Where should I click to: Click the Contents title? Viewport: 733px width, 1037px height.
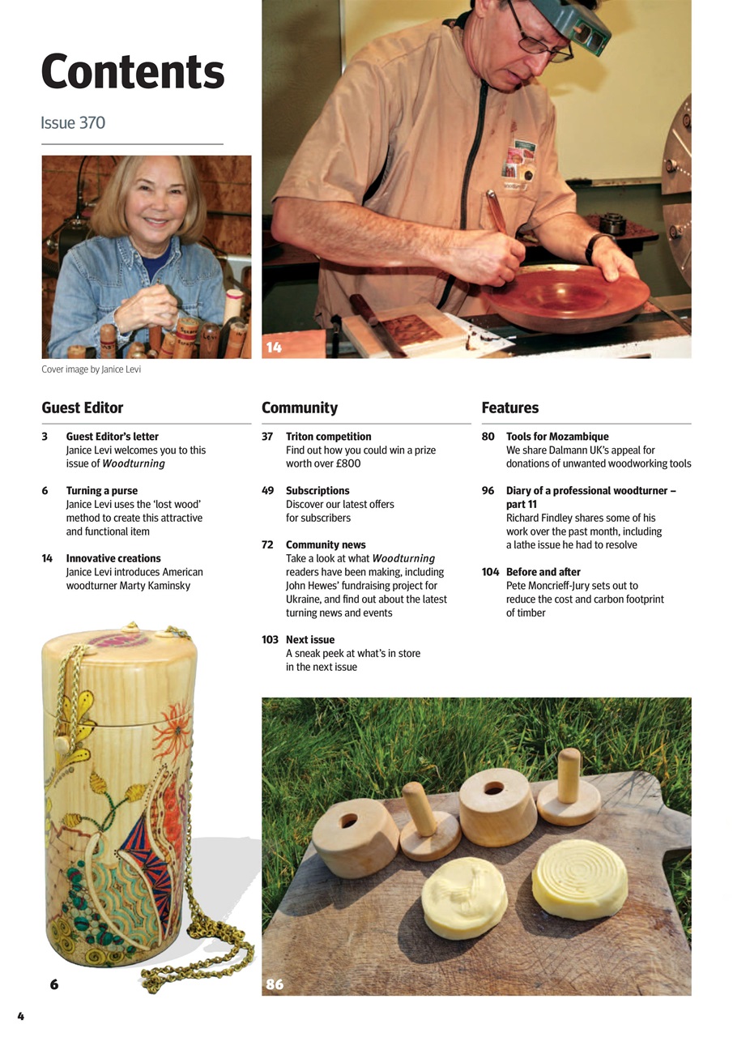pyautogui.click(x=133, y=72)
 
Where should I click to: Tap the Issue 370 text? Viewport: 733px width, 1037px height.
pyautogui.click(x=73, y=123)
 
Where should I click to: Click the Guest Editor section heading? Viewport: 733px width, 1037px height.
pyautogui.click(x=83, y=408)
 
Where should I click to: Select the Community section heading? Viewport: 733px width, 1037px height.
pyautogui.click(x=300, y=408)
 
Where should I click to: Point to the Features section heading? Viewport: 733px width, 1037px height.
pyautogui.click(x=510, y=408)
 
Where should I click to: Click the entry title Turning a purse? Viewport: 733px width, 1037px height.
pyautogui.click(x=102, y=490)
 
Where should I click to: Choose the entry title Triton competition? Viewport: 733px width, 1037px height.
pyautogui.click(x=329, y=436)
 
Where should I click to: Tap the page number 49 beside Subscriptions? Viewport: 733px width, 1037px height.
pyautogui.click(x=267, y=490)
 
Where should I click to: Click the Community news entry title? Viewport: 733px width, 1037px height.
pyautogui.click(x=326, y=544)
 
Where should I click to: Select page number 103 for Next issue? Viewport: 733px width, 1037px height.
pyautogui.click(x=270, y=639)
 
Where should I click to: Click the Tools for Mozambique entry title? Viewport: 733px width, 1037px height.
pyautogui.click(x=557, y=436)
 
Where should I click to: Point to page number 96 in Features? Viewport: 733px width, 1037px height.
pyautogui.click(x=488, y=490)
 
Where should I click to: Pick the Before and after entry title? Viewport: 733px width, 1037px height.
pyautogui.click(x=543, y=571)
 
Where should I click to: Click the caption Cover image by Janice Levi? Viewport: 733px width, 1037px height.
pyautogui.click(x=91, y=369)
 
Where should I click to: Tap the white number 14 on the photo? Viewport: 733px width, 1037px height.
pyautogui.click(x=274, y=348)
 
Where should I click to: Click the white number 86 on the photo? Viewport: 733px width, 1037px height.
pyautogui.click(x=275, y=984)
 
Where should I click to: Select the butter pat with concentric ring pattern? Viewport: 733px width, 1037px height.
pyautogui.click(x=580, y=877)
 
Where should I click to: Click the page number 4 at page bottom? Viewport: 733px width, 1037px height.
pyautogui.click(x=21, y=1016)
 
